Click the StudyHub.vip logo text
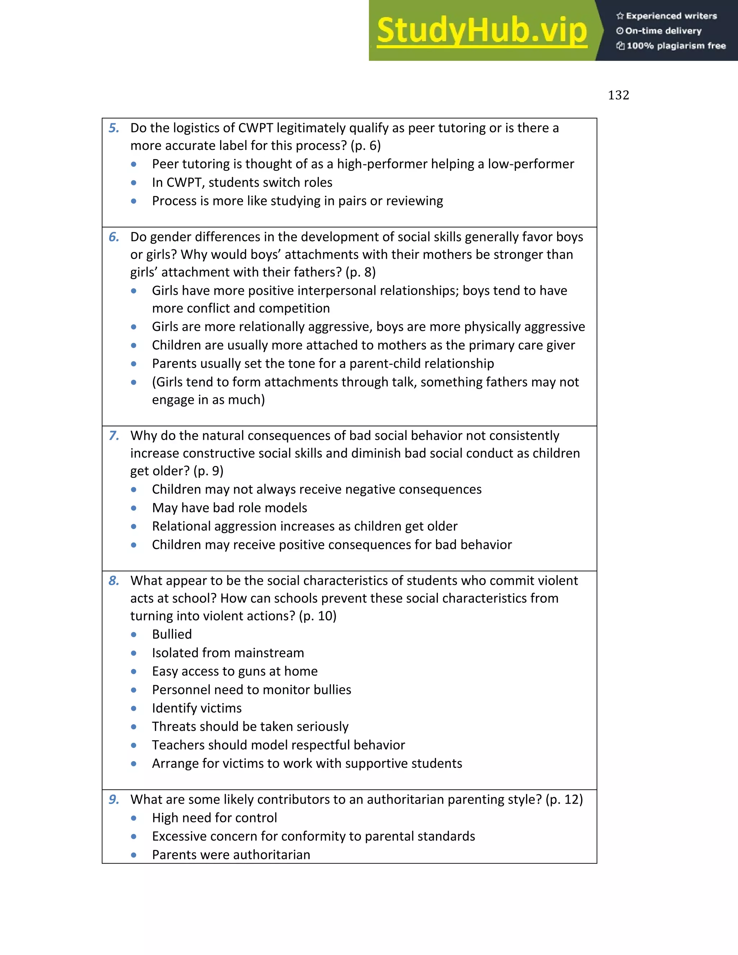tap(481, 31)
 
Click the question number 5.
tap(114, 128)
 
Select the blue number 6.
tap(114, 237)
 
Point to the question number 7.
tap(114, 436)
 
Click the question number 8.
tap(114, 581)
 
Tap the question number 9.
tap(114, 799)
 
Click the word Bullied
tap(172, 634)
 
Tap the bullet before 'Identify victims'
tap(134, 709)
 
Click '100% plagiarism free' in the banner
tap(676, 46)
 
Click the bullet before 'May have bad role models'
tap(134, 508)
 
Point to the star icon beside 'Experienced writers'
tap(620, 16)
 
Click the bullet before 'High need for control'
tap(134, 818)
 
